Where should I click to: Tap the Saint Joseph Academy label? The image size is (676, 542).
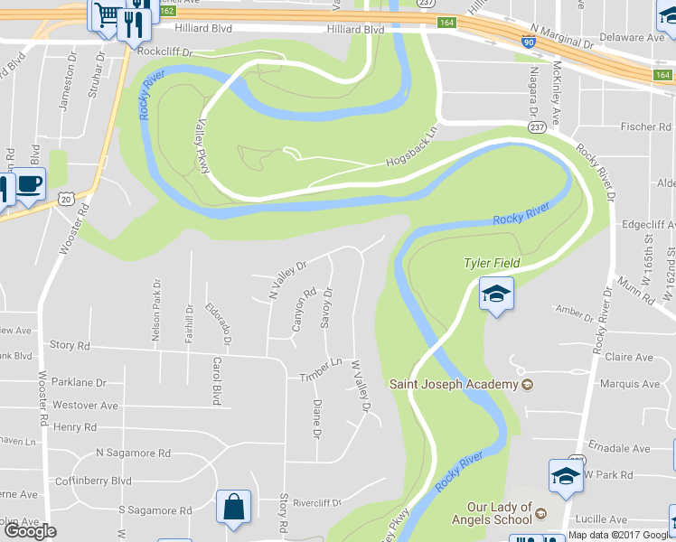[454, 384]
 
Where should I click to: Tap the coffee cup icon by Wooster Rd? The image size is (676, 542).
[30, 185]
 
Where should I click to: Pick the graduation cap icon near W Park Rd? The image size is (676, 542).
[566, 476]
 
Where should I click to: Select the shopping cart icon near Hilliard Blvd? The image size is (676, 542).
[106, 14]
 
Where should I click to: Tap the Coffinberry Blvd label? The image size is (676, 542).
[93, 481]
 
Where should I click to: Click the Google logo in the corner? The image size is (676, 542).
[30, 530]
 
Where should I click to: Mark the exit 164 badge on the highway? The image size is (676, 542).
[446, 23]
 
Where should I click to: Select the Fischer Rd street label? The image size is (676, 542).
[645, 126]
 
